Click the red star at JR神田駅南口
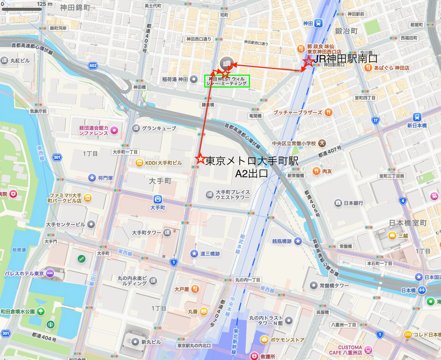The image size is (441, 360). pos(308,61)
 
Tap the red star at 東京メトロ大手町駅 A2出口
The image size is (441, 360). pos(200,159)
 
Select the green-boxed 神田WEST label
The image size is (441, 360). pos(227,81)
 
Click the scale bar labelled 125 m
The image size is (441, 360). pos(22,9)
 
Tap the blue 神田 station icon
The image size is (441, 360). pos(318,23)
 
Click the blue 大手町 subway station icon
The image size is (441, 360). pos(158,199)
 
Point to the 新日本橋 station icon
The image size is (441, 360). pos(417,117)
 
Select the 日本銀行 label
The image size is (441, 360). pos(353,203)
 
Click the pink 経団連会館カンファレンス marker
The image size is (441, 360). pos(114,130)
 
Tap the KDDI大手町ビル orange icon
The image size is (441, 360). pos(139,163)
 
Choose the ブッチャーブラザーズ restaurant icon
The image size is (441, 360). pos(329,112)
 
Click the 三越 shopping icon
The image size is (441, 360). pos(392,235)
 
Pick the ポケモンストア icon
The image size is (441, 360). pos(264,339)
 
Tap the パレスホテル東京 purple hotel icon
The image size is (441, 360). pos(50,273)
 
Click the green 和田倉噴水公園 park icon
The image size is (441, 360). pos(41,311)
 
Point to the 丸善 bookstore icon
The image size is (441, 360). pos(204,311)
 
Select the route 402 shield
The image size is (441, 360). pos(93,66)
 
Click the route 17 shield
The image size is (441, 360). pos(375,121)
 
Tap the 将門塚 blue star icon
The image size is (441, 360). pos(92,178)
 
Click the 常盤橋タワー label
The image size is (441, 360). pos(334,285)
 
